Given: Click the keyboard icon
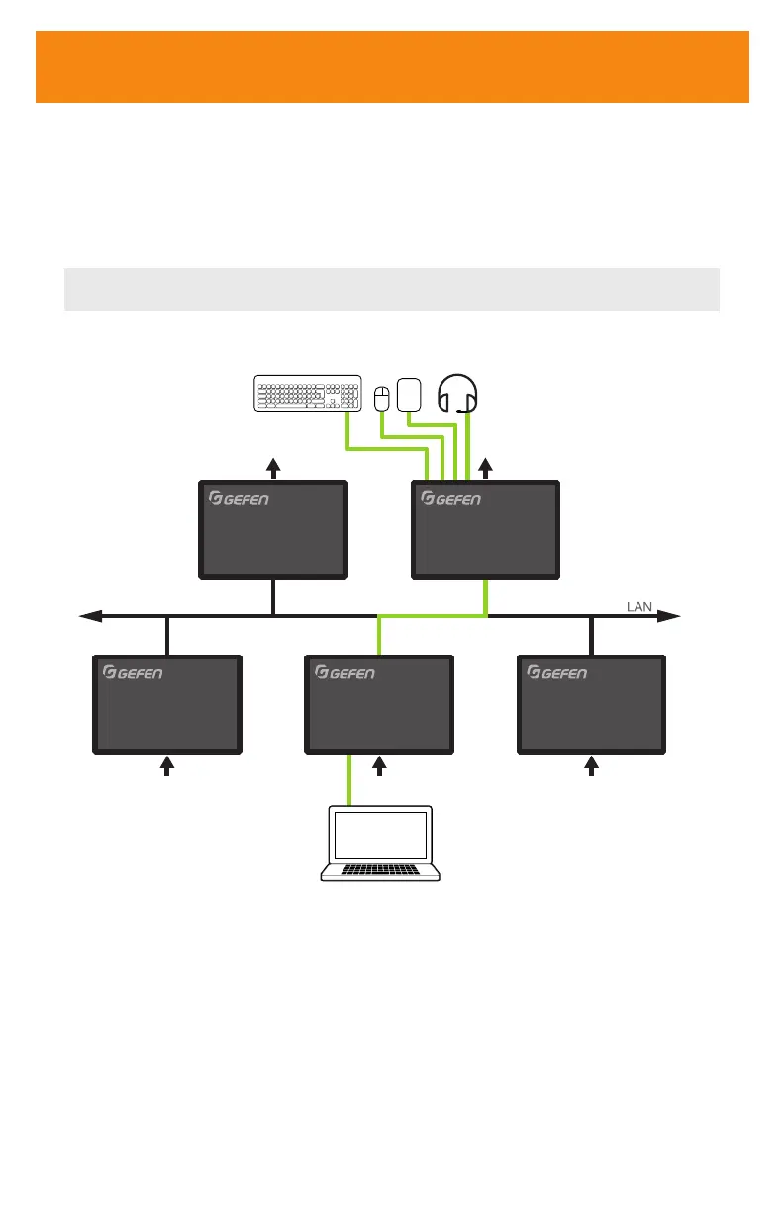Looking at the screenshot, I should tap(308, 393).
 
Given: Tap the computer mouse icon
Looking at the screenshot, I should tap(382, 398).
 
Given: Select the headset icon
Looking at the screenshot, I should tap(458, 394).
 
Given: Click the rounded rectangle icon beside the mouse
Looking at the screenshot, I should tap(409, 394).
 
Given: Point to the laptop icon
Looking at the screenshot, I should tap(379, 844).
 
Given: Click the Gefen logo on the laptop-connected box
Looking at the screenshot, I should tap(344, 673).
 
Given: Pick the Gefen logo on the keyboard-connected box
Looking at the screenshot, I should tap(451, 498).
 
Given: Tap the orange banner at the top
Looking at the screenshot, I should tap(392, 66).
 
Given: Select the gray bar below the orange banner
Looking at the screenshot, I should tap(392, 289).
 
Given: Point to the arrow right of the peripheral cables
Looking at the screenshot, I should tap(485, 467).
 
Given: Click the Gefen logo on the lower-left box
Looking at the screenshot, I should tap(133, 673).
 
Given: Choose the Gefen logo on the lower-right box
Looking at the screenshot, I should tap(557, 673).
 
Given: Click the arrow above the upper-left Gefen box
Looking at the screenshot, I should tap(274, 467).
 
